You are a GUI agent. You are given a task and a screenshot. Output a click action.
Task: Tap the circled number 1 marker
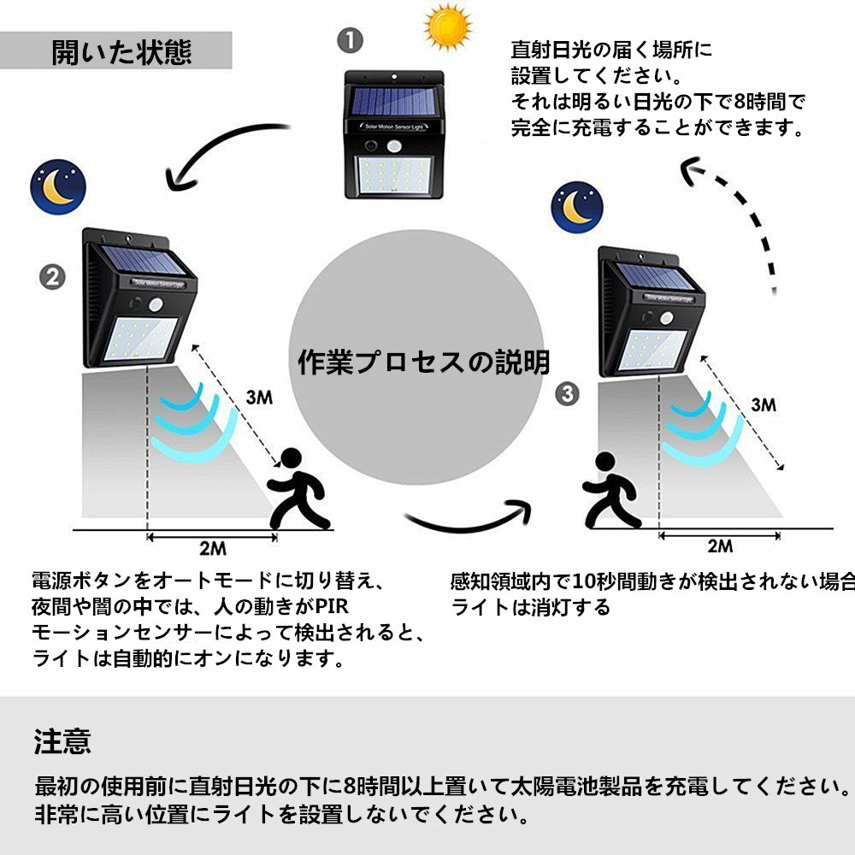[x=350, y=40]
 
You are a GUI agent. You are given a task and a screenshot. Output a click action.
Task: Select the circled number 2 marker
[x=54, y=277]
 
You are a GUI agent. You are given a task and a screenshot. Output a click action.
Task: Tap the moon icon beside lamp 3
[x=577, y=206]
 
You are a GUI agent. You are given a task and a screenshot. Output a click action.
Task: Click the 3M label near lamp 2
[x=259, y=397]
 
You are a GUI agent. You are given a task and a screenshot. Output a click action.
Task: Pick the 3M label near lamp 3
[x=764, y=405]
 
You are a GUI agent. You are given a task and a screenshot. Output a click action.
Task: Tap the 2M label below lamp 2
[x=212, y=548]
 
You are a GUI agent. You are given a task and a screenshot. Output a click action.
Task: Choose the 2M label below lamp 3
[x=719, y=545]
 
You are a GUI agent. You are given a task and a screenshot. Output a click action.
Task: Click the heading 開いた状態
[x=121, y=52]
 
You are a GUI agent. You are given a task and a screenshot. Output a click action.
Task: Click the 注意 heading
[x=62, y=740]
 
